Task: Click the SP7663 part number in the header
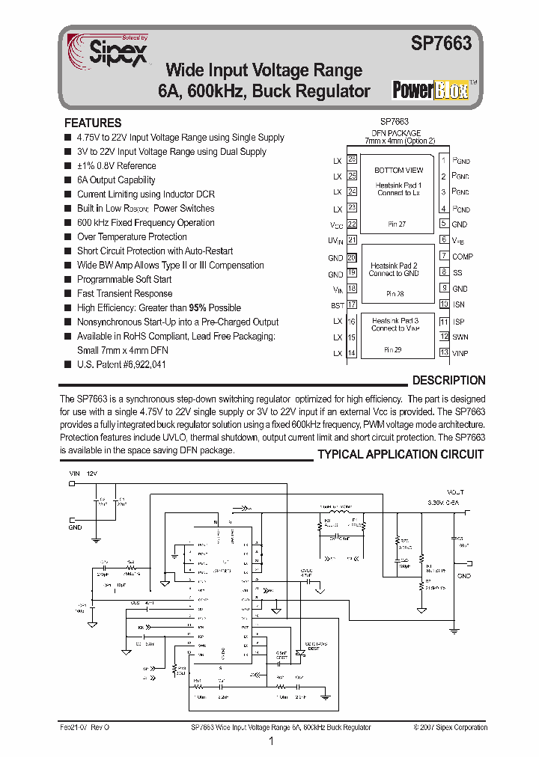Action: pos(442,44)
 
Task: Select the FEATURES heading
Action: pos(93,123)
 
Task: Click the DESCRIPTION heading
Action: pos(448,380)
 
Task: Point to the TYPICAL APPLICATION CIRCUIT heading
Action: pos(401,454)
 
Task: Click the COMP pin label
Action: pos(463,257)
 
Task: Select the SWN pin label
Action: pos(460,337)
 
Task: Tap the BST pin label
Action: pos(338,305)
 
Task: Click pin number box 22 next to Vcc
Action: pos(352,224)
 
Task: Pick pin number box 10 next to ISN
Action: pos(444,304)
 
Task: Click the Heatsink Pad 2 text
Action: pos(394,266)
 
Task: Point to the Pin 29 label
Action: pos(394,349)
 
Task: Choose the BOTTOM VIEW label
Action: pos(399,171)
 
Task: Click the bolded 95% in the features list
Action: pos(198,307)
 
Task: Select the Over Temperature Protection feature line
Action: pos(132,236)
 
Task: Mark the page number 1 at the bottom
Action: pos(270,741)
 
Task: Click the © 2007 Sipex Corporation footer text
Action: pos(450,727)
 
